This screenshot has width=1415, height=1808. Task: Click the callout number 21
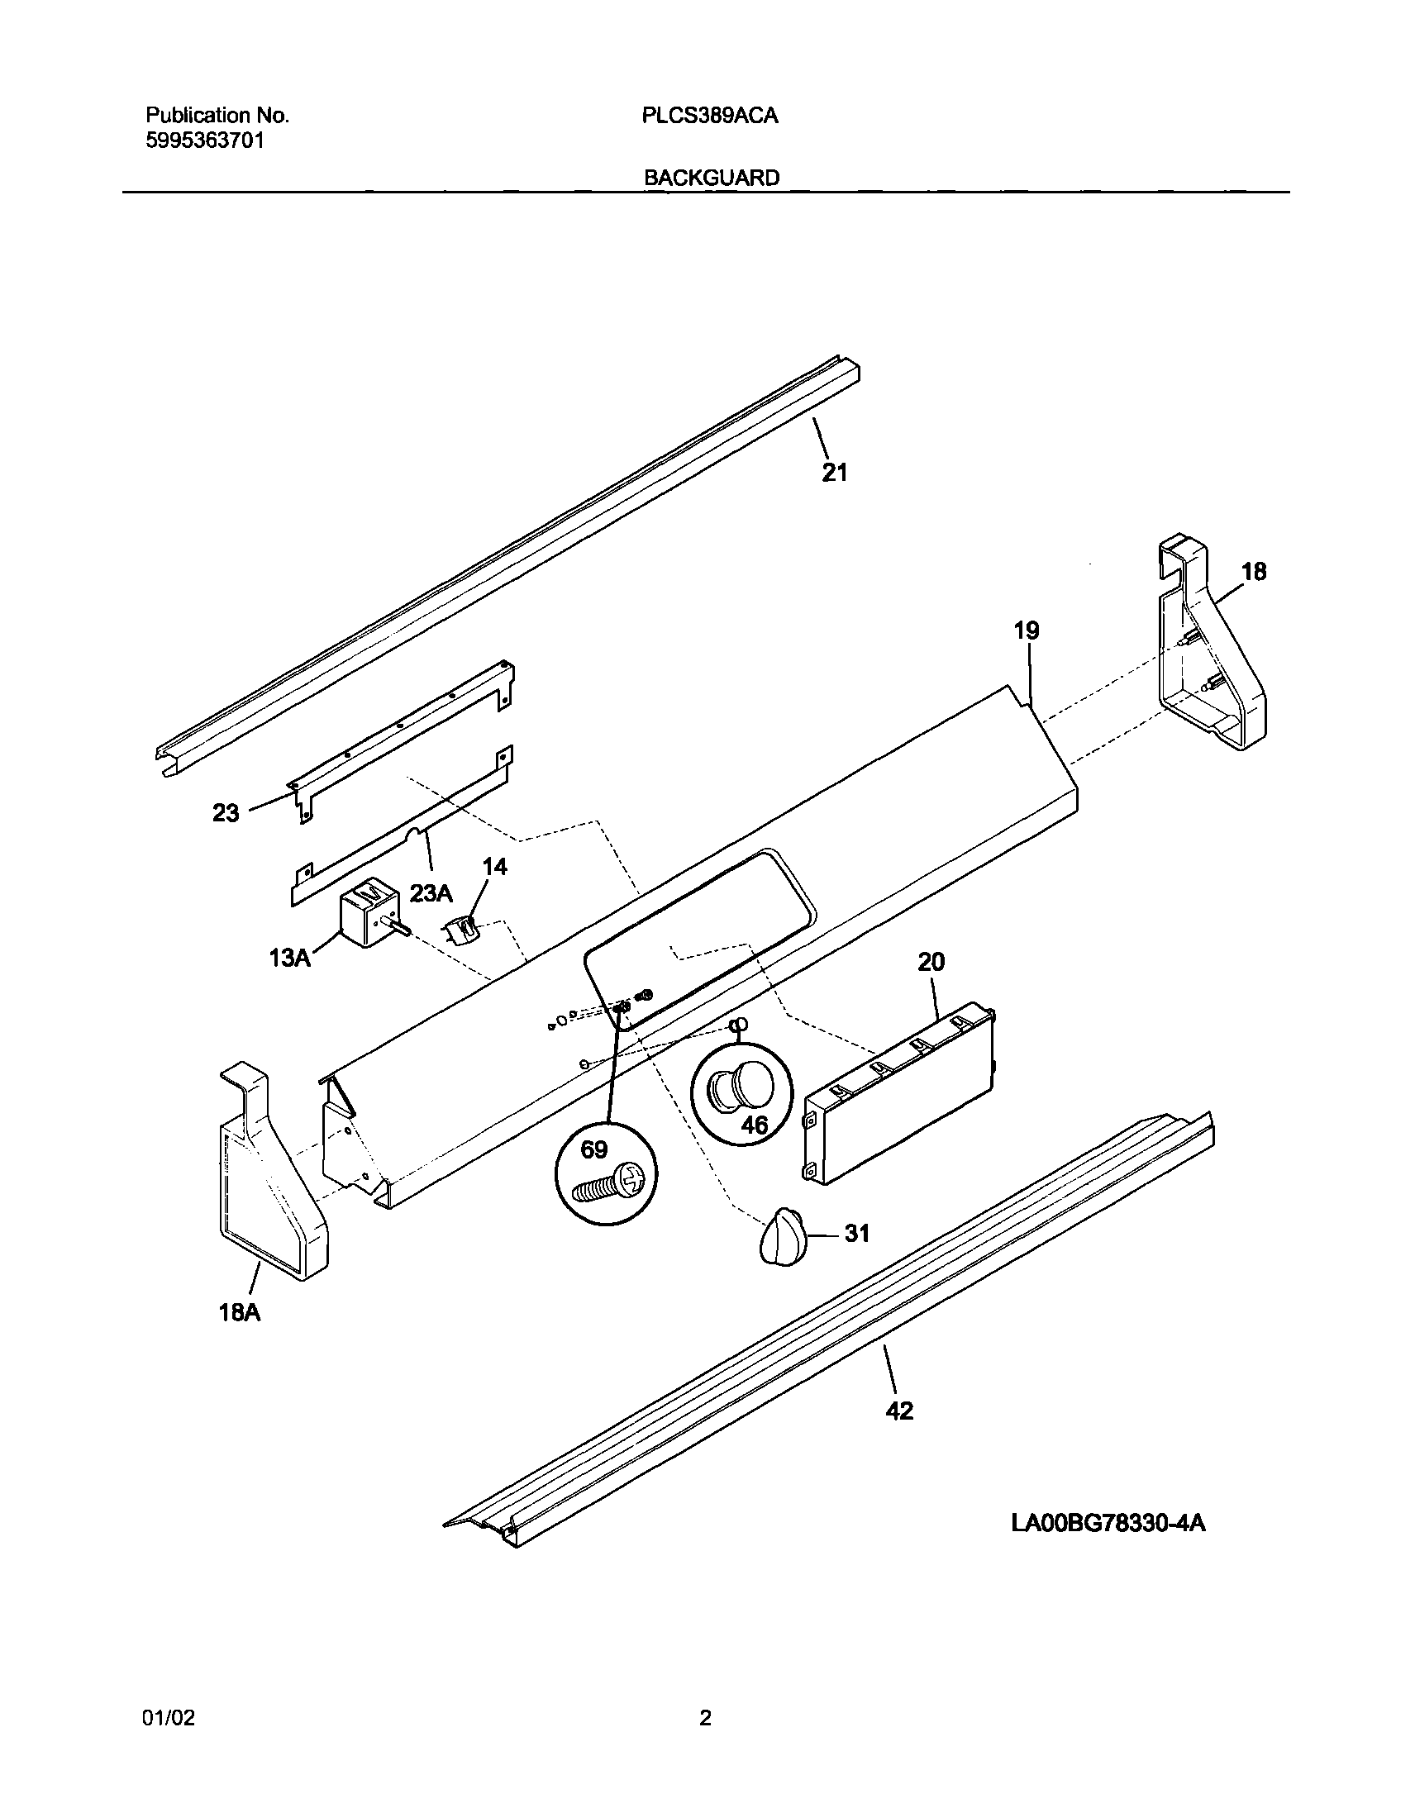[834, 473]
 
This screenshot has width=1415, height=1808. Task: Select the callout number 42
[899, 1411]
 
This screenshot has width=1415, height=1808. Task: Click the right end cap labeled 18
[1209, 650]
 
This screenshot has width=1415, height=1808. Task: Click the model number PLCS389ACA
[710, 116]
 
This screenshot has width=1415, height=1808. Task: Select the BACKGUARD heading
[712, 178]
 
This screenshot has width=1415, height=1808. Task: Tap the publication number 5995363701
[206, 140]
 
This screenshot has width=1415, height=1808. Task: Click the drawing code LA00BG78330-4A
[1108, 1522]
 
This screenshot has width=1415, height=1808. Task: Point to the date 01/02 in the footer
[169, 1719]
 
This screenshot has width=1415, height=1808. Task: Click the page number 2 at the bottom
[705, 1719]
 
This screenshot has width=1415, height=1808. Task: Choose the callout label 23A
[431, 893]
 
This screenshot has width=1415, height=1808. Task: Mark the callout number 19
[1027, 630]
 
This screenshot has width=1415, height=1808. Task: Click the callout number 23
[226, 813]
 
